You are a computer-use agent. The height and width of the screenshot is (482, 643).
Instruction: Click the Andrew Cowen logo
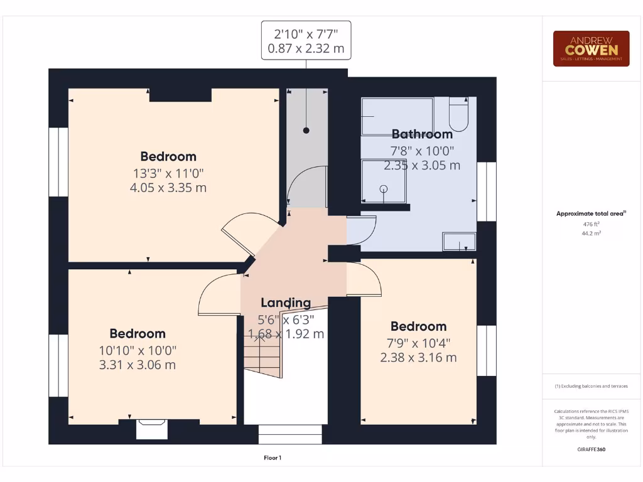[591, 49]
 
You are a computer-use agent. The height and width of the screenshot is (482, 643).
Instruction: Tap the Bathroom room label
[422, 134]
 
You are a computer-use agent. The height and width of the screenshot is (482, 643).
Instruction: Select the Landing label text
[286, 303]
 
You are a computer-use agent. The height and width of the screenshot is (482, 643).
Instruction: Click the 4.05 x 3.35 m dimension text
[168, 187]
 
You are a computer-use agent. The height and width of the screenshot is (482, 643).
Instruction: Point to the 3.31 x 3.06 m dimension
[137, 365]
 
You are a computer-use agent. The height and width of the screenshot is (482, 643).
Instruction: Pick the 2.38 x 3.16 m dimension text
[418, 357]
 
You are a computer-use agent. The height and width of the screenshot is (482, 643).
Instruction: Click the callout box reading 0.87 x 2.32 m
[306, 40]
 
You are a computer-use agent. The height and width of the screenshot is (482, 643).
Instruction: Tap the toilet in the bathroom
[458, 114]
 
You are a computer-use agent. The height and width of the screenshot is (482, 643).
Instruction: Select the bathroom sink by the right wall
[459, 241]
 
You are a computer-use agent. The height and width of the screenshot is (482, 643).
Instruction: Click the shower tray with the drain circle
[384, 181]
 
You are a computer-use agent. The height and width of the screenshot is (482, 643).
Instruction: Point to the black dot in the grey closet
[306, 131]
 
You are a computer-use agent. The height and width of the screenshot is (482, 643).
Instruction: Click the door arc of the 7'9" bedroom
[364, 280]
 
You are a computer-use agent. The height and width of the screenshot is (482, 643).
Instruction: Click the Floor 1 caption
[273, 458]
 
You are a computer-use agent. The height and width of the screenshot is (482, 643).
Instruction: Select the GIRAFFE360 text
[591, 449]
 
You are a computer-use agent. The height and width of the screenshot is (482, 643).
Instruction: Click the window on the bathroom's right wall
[486, 191]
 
